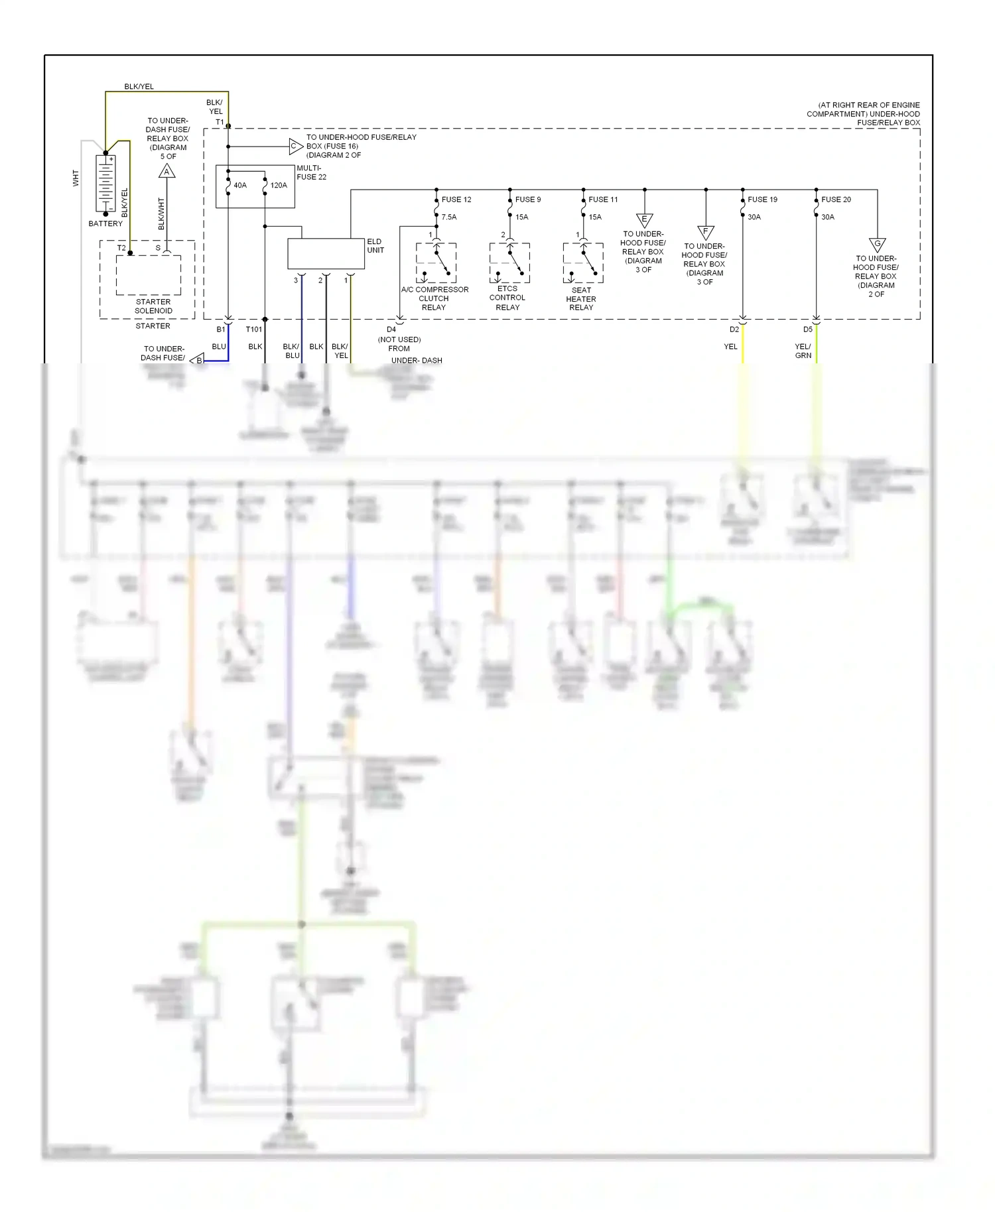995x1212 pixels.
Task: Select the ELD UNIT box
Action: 326,253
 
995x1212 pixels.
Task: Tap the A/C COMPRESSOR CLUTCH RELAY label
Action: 434,298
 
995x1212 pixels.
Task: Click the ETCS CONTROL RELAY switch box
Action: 509,263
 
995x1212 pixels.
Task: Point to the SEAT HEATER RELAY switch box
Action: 583,263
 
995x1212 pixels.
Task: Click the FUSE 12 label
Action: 456,200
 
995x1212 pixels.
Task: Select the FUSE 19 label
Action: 762,200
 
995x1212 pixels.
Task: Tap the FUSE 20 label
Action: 836,200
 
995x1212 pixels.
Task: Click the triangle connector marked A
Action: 166,172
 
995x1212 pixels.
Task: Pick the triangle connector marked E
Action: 644,220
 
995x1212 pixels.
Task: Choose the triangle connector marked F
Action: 706,232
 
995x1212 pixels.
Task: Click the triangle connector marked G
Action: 877,245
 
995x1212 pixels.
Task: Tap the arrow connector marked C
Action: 295,147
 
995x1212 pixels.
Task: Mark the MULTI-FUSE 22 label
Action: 311,172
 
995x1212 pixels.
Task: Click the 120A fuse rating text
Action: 279,186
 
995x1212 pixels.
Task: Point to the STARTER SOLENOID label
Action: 153,306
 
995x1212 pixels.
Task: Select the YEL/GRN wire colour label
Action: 803,351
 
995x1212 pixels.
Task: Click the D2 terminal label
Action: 734,330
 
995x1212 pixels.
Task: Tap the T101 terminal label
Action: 254,330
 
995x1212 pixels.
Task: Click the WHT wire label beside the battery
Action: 76,178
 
